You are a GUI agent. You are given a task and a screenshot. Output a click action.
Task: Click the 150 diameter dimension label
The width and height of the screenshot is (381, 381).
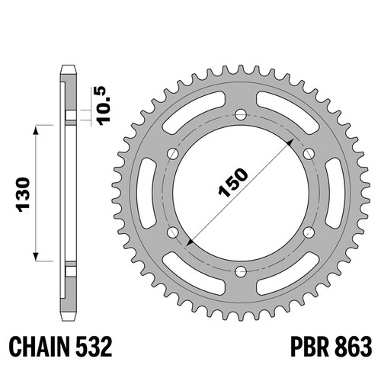pyautogui.click(x=233, y=182)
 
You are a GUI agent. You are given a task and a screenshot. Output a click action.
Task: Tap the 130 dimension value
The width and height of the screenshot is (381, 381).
pyautogui.click(x=23, y=194)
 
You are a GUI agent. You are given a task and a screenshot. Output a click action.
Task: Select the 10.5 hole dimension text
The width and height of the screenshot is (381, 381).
pyautogui.click(x=104, y=106)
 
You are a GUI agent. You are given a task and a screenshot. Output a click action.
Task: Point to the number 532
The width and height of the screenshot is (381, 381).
pyautogui.click(x=94, y=347)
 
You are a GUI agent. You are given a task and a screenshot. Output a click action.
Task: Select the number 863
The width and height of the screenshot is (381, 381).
pyautogui.click(x=354, y=347)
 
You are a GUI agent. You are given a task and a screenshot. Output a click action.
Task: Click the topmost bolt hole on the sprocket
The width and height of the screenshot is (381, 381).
pyautogui.click(x=241, y=114)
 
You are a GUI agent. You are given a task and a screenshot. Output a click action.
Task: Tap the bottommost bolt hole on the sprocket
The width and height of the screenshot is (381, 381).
pyautogui.click(x=241, y=271)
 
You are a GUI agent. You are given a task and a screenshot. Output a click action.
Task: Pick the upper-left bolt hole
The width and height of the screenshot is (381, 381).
pyautogui.click(x=173, y=154)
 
